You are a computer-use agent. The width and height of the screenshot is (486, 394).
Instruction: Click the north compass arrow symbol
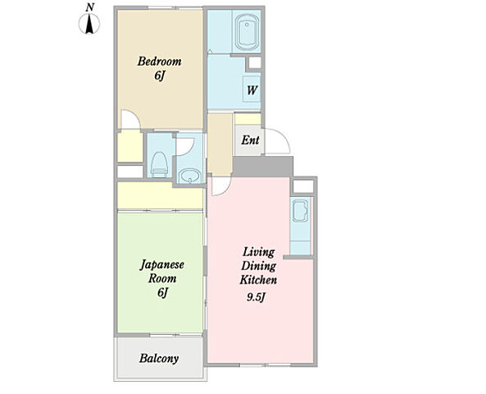coord(90,24)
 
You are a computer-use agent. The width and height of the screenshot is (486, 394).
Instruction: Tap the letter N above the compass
coord(90,7)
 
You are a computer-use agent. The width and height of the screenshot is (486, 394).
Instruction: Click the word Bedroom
coord(159,62)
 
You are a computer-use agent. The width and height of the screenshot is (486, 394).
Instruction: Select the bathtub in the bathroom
coord(247,32)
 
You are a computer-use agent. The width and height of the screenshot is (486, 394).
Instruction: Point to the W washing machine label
coord(252,90)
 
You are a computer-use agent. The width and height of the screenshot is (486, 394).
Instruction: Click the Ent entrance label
coord(250,140)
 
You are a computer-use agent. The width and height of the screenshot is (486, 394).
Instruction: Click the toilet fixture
coord(159,164)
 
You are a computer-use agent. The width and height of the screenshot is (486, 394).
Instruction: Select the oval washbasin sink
coord(189,176)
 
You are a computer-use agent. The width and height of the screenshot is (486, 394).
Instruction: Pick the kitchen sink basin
coord(300,211)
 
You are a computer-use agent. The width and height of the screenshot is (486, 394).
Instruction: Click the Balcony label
coord(159,359)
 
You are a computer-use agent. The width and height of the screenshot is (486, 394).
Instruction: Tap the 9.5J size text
coord(257,297)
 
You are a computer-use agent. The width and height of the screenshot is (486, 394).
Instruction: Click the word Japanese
coord(162,265)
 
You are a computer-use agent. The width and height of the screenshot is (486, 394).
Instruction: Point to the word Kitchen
coord(258,280)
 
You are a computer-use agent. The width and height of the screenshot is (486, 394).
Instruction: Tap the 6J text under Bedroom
coord(159,76)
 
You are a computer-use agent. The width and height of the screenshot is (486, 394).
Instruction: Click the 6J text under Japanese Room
coord(162,292)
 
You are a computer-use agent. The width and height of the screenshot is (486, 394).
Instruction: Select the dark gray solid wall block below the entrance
coord(263,167)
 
